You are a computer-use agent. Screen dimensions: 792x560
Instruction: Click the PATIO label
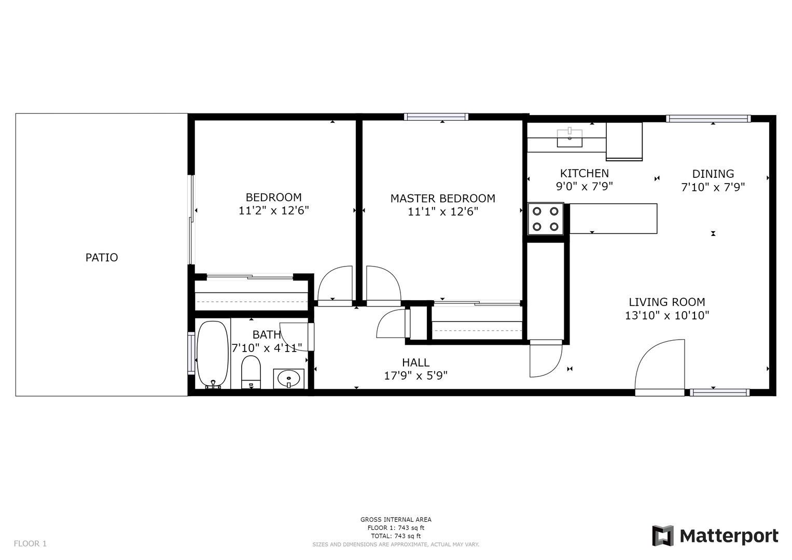pyautogui.click(x=102, y=257)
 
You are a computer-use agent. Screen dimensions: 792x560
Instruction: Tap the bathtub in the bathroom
pyautogui.click(x=213, y=354)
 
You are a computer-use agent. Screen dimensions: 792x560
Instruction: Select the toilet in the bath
pyautogui.click(x=251, y=372)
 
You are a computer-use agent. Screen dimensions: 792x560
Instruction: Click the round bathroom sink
pyautogui.click(x=289, y=379)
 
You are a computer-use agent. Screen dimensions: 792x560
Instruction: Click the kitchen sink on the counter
pyautogui.click(x=569, y=138)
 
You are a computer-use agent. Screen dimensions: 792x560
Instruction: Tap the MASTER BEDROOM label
pyautogui.click(x=442, y=198)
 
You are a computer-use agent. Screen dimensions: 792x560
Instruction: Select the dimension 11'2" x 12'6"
pyautogui.click(x=274, y=211)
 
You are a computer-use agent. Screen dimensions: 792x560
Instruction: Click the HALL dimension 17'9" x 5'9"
pyautogui.click(x=416, y=375)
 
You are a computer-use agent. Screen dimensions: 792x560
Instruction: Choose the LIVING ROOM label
pyautogui.click(x=667, y=302)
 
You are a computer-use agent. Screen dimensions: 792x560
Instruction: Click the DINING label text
pyautogui.click(x=713, y=174)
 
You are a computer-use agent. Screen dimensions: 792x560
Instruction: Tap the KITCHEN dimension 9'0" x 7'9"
pyautogui.click(x=585, y=186)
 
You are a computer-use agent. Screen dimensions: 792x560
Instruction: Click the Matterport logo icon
pyautogui.click(x=662, y=536)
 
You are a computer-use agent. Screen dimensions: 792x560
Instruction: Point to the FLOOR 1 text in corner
pyautogui.click(x=30, y=543)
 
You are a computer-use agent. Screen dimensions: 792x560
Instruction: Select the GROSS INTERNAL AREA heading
pyautogui.click(x=396, y=520)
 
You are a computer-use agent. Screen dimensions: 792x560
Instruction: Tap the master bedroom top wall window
pyautogui.click(x=436, y=117)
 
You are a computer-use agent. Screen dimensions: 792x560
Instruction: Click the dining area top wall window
pyautogui.click(x=708, y=118)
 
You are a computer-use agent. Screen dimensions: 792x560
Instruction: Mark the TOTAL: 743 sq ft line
pyautogui.click(x=396, y=536)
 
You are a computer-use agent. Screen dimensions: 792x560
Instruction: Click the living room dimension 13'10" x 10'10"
pyautogui.click(x=667, y=315)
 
